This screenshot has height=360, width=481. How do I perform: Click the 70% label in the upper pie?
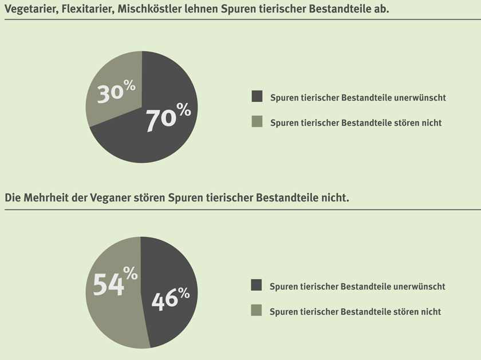coord(167,118)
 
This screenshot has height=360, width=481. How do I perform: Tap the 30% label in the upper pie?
coord(116,92)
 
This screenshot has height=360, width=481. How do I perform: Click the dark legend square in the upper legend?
coord(257,97)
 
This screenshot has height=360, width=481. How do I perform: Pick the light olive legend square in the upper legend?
coord(257,122)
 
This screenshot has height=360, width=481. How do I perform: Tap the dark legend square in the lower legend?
coord(257,286)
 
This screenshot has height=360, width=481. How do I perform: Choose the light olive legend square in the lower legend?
coord(257,311)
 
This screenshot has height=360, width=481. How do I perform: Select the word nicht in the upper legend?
coord(431,123)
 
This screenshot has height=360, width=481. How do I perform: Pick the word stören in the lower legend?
coord(407,312)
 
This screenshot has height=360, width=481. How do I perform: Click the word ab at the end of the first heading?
coord(382,10)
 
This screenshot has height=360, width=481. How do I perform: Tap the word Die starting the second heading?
coord(13,198)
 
